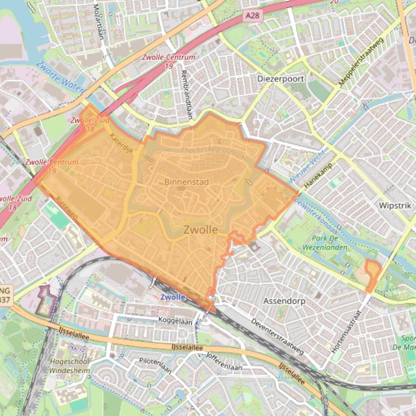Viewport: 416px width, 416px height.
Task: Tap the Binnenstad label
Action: (x=186, y=182)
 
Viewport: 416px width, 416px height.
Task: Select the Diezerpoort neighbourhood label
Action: (x=280, y=79)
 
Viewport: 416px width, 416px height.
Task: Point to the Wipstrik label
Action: (x=395, y=206)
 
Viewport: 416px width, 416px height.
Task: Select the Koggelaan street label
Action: (x=175, y=321)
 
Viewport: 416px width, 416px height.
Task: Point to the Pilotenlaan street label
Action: (x=156, y=365)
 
